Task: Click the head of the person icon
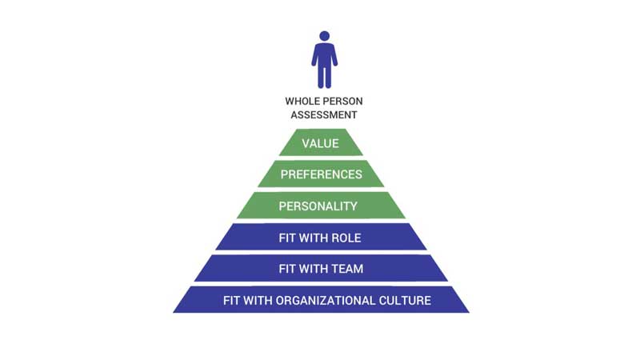point(324,36)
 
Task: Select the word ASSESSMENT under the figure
point(321,114)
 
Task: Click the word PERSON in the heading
point(341,102)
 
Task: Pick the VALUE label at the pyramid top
point(320,144)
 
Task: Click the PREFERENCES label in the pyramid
point(320,174)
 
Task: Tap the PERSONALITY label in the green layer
point(320,206)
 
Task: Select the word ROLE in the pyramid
point(346,238)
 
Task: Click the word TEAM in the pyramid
point(346,269)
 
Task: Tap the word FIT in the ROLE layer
point(287,238)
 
